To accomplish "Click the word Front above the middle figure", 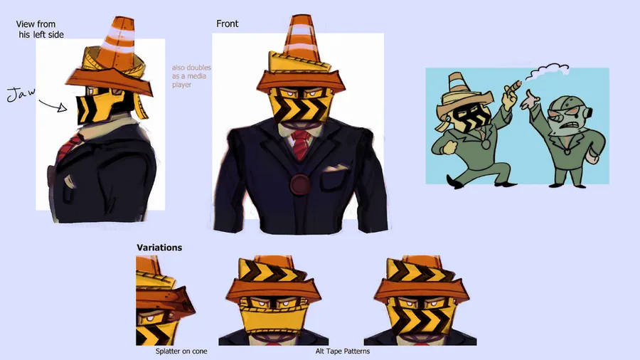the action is pyautogui.click(x=228, y=23).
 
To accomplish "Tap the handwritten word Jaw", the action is pyautogui.click(x=21, y=95).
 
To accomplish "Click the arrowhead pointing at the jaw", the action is pyautogui.click(x=63, y=107).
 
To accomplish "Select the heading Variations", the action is pyautogui.click(x=159, y=248).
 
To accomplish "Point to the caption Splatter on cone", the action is pyautogui.click(x=181, y=351).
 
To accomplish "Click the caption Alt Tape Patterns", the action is pyautogui.click(x=343, y=351).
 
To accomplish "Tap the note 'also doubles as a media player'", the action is pyautogui.click(x=191, y=76).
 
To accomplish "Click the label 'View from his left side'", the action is pyautogui.click(x=40, y=29).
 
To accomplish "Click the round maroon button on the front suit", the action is pyautogui.click(x=300, y=184).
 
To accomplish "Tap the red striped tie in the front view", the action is pyautogui.click(x=302, y=144).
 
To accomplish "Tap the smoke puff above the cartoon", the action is pyautogui.click(x=547, y=70).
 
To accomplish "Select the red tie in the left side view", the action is pyautogui.click(x=68, y=148).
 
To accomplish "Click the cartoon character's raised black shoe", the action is pyautogui.click(x=454, y=181).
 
